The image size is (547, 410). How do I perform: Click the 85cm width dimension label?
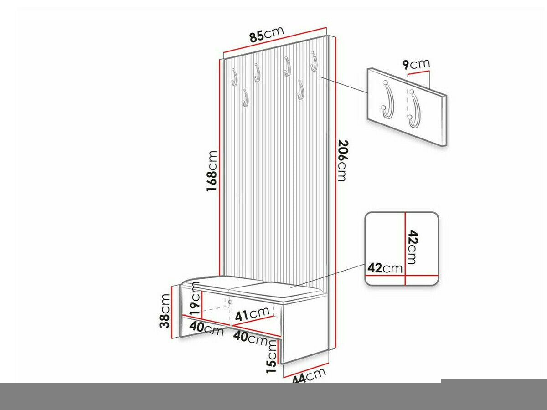(x=267, y=34)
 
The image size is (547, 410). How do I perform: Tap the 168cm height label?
(x=212, y=171)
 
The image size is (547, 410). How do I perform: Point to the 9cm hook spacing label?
(x=417, y=64)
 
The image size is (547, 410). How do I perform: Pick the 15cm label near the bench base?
(x=272, y=356)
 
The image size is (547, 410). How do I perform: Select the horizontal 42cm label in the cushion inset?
(x=385, y=268)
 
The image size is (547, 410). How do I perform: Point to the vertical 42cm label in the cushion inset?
(x=412, y=247)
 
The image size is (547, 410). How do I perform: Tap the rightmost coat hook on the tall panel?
(x=314, y=61)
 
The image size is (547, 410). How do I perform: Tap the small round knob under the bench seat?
(x=230, y=302)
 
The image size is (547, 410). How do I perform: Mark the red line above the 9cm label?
(x=418, y=73)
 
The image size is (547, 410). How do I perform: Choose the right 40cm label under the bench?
(x=250, y=338)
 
